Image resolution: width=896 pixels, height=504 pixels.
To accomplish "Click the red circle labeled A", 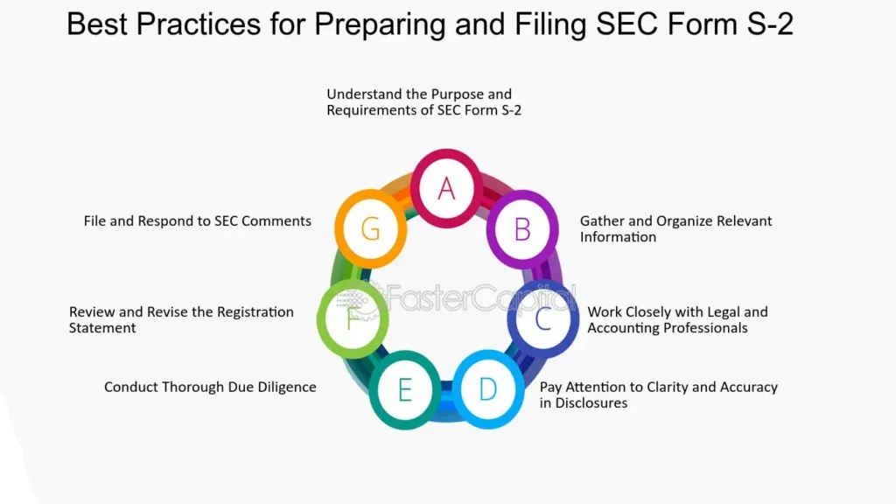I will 447,187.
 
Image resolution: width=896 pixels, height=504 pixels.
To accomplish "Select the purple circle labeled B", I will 522,228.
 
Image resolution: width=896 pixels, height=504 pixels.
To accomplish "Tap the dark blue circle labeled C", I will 542,318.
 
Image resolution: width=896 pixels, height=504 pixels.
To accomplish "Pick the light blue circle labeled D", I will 487,389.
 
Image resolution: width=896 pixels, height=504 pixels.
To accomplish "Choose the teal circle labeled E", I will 404,389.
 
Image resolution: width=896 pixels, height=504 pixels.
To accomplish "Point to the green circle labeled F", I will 353,318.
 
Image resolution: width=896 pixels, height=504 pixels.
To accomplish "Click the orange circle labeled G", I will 370,228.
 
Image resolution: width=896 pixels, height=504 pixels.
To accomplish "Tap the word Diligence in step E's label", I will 286,387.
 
